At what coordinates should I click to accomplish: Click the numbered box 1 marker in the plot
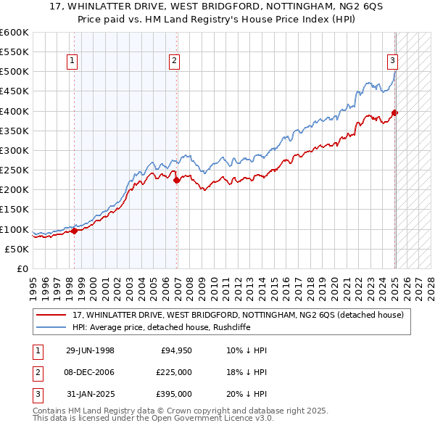74,62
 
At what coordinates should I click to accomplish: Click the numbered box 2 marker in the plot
175,62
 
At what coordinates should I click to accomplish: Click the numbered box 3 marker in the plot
392,62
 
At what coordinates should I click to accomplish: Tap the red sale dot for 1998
74,231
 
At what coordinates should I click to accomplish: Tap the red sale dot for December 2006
176,180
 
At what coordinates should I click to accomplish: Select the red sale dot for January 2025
394,112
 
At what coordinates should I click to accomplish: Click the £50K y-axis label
17,249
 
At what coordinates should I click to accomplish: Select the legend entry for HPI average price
159,327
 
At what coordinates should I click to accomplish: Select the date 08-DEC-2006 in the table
90,372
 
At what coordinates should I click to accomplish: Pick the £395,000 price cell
174,394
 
